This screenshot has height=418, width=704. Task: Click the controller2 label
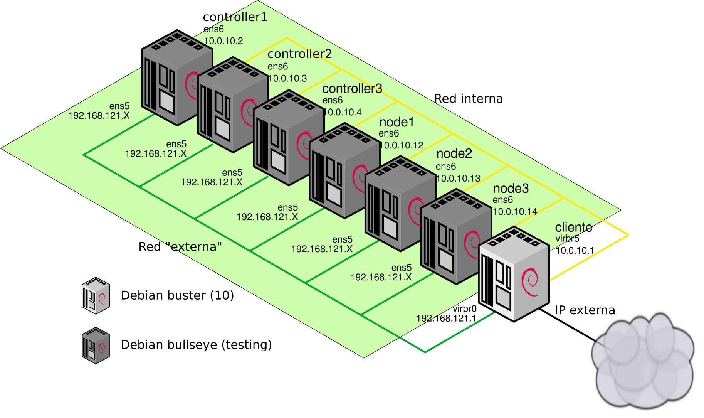[x=299, y=54]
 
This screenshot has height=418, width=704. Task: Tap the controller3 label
[x=352, y=89]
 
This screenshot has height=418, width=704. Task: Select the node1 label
[x=397, y=122]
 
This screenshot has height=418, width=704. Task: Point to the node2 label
[x=454, y=154]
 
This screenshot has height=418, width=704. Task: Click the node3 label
[x=511, y=189]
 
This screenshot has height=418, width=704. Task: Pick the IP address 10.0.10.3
[x=288, y=79]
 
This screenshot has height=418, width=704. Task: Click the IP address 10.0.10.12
[x=402, y=145]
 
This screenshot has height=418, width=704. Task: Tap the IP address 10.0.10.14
[x=515, y=212]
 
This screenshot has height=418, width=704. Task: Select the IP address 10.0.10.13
[x=459, y=179]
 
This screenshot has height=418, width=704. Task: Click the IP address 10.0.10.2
[x=223, y=41]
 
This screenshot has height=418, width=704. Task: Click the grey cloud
[x=643, y=361]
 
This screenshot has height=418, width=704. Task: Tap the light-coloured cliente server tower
[x=514, y=274]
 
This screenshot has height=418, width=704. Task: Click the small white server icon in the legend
[x=96, y=295]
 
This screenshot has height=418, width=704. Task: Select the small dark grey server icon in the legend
[x=96, y=346]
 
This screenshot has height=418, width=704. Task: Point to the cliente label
[x=573, y=227]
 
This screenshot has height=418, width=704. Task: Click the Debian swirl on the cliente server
[x=530, y=282]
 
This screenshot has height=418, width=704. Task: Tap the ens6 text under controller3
[x=333, y=100]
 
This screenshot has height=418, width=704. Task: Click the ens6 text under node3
[x=502, y=200]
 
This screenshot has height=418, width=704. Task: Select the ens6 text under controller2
[x=278, y=66]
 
